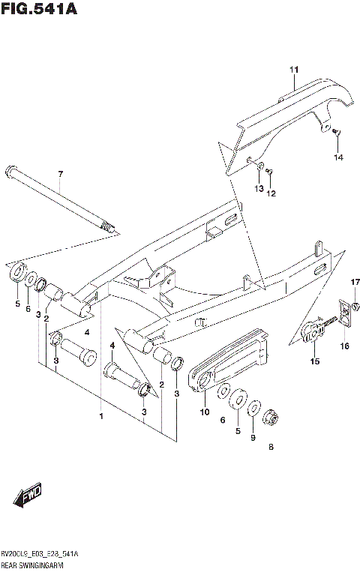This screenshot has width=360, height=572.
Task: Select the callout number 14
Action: [338, 157]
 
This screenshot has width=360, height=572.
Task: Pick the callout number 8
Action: [270, 448]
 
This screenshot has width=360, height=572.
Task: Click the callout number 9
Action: [253, 438]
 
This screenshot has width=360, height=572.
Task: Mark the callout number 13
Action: [258, 188]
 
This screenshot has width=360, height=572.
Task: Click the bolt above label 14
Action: [335, 134]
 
